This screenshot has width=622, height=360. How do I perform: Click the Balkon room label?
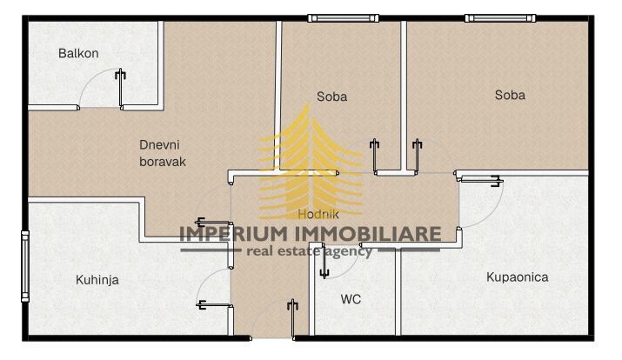[x=78, y=53]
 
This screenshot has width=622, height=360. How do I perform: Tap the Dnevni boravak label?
[x=163, y=153]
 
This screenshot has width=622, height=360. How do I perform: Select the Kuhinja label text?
[x=97, y=280]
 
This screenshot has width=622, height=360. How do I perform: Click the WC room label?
[x=351, y=299]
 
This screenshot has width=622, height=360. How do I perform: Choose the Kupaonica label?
[x=517, y=277]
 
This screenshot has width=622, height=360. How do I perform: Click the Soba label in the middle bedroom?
[x=331, y=97]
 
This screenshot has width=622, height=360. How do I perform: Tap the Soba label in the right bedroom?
[x=510, y=95]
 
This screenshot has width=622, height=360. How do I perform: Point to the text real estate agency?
[x=310, y=252]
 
